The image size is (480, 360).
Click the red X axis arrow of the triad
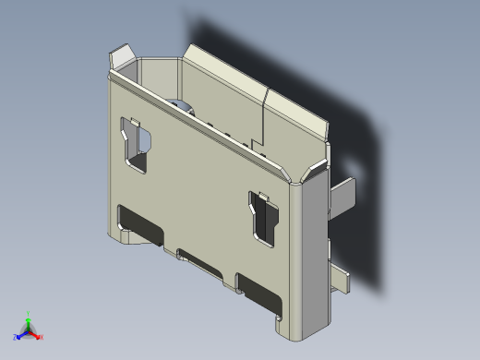[36, 335]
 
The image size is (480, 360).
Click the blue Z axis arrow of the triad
[21, 335]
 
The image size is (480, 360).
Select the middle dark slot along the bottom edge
[201, 261]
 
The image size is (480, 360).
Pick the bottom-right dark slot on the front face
[260, 291]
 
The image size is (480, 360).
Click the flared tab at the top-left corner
[120, 59]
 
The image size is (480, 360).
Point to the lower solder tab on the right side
[340, 279]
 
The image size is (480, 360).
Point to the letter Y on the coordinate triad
[30, 313]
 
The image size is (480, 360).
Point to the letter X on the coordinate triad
[42, 337]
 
